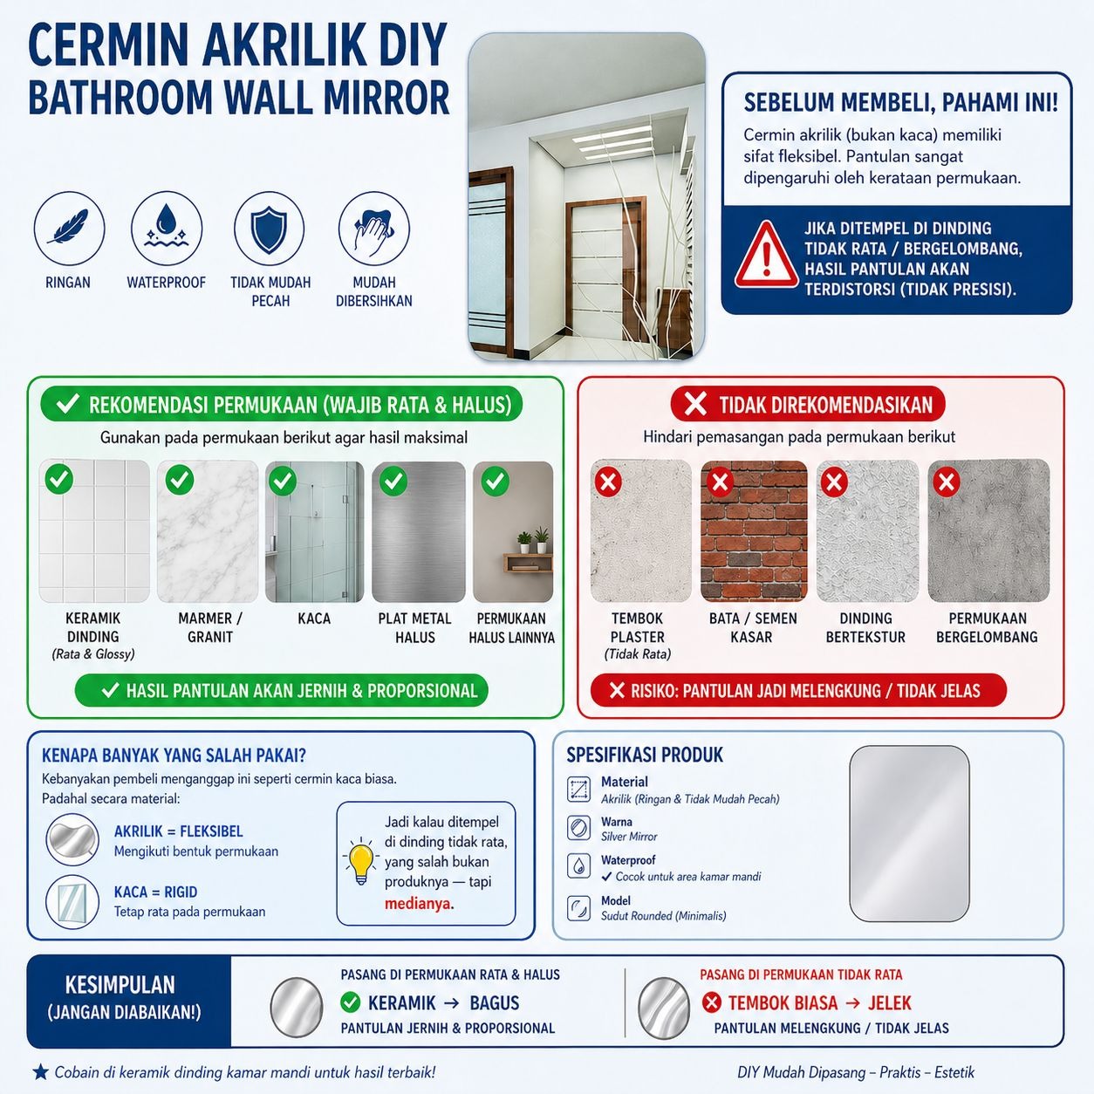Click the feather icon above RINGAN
point(69,229)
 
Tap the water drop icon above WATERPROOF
point(166,229)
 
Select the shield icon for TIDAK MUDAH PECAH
point(269,229)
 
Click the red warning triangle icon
point(765,256)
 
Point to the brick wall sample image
point(754,531)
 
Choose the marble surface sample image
point(209,531)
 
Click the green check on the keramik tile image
point(59,478)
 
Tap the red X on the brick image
point(720,481)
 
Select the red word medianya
point(418,904)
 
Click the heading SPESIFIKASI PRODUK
point(645,756)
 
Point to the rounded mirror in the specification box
point(909,833)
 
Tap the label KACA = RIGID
point(155,892)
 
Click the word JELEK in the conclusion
point(889,1003)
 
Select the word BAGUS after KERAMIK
point(494,1003)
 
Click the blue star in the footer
point(40,1072)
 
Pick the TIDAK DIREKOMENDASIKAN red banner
point(808,405)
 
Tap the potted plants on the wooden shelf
point(532,540)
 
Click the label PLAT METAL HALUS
point(414,628)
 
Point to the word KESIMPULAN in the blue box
point(120,986)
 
